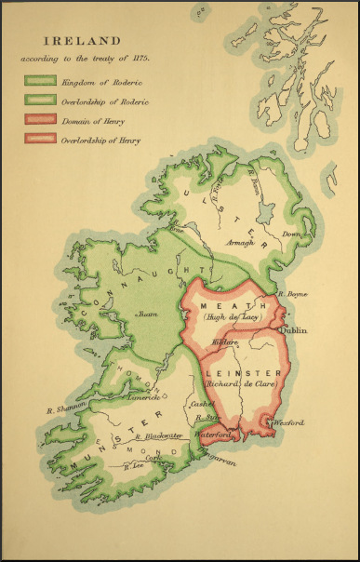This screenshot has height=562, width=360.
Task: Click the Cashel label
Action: click(x=198, y=403)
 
